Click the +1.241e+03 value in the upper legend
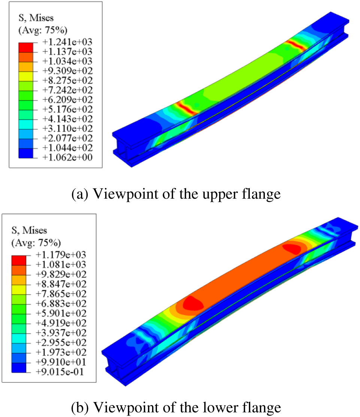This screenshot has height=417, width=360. tap(67, 42)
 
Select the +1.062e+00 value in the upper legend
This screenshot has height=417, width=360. tap(67, 157)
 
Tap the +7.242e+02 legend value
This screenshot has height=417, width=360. tap(67, 90)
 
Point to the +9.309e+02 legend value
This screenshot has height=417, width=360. tap(67, 71)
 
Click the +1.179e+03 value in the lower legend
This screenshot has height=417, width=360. tap(61, 255)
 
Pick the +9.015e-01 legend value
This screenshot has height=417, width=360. tap(60, 372)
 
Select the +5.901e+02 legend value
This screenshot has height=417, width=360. tap(61, 313)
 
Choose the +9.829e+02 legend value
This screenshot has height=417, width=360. tap(61, 274)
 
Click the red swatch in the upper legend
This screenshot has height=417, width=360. tap(26, 48)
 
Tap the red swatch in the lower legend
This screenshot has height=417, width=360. tap(19, 260)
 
